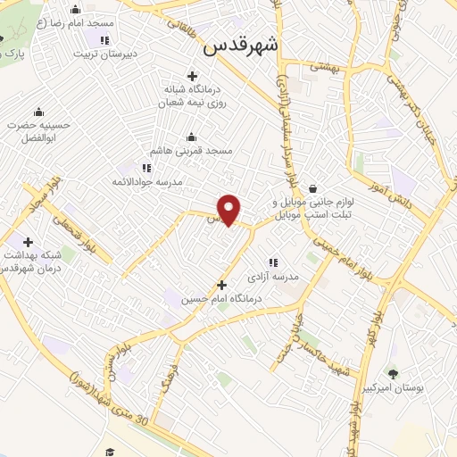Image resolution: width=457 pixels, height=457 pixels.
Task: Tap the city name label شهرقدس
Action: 241,46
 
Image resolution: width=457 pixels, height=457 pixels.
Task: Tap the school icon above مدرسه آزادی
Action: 273,263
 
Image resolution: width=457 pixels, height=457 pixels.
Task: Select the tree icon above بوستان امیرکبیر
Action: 392,373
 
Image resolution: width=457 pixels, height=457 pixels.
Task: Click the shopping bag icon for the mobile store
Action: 313,189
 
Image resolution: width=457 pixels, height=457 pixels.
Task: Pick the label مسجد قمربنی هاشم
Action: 191,152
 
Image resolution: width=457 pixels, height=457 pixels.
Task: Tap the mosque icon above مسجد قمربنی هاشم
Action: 191,137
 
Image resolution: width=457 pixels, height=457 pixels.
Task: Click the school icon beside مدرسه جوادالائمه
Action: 145,167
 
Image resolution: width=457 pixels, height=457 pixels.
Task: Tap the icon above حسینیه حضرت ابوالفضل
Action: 38,112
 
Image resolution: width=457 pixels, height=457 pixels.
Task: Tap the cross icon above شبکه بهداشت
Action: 29,242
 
